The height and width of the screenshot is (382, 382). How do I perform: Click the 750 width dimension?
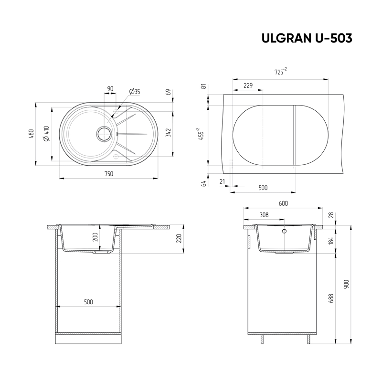[x=109, y=174]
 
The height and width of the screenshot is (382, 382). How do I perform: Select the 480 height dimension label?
[x=31, y=134]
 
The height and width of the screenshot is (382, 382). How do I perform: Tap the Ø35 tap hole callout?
[x=135, y=91]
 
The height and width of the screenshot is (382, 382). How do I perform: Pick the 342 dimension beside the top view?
[x=168, y=133]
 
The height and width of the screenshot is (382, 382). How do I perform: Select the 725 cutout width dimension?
[x=280, y=72]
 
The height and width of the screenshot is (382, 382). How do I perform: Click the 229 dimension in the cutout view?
[x=248, y=86]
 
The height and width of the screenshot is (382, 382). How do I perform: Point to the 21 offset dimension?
[x=222, y=181]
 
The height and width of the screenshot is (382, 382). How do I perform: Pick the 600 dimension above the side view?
[x=283, y=203]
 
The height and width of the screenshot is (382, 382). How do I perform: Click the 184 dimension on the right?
[x=331, y=241]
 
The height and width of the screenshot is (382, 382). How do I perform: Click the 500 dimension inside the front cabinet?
[x=88, y=302]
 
